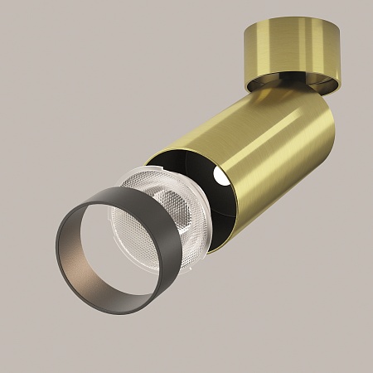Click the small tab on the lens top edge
(132, 173)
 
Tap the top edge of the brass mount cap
(282, 25)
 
